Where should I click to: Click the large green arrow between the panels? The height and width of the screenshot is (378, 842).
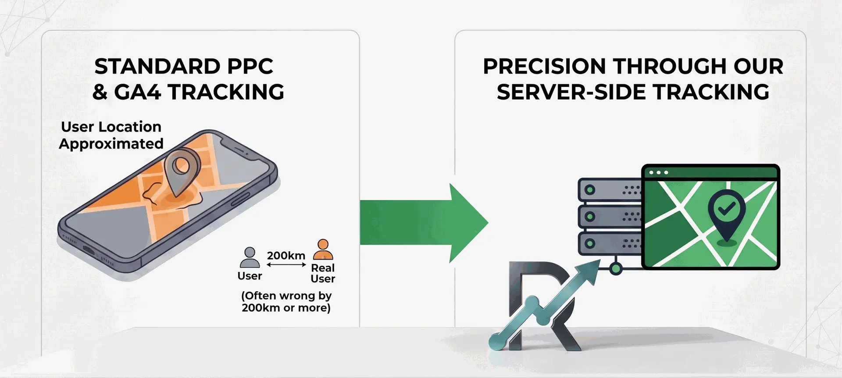pos(423,223)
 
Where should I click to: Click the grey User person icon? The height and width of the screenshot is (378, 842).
pos(250,257)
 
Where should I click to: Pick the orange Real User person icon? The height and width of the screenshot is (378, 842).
pos(323,250)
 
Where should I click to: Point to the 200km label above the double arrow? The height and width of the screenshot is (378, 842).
pos(286,255)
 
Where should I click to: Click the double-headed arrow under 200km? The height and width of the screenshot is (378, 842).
pos(286,265)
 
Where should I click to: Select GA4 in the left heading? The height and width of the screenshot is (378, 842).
pos(137,92)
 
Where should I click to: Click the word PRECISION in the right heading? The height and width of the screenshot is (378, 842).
pos(544,67)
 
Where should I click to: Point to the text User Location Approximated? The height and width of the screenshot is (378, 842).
pos(111,135)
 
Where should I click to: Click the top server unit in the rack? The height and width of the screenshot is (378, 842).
pos(610,190)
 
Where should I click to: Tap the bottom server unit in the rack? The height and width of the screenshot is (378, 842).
pos(610,243)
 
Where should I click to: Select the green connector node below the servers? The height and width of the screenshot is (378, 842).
pos(616,268)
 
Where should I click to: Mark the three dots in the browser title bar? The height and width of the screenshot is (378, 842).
pos(659,173)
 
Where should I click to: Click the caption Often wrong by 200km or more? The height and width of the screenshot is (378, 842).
pos(286,302)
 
